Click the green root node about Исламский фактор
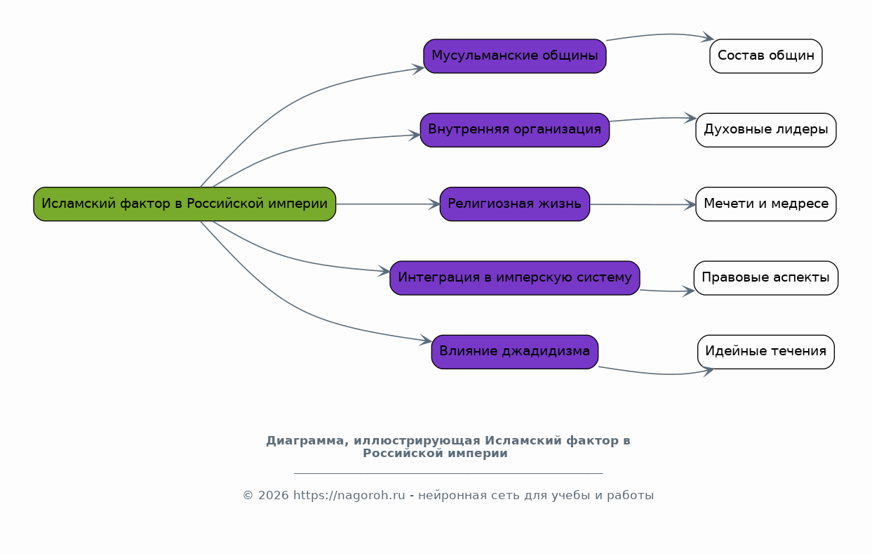click(185, 204)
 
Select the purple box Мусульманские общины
click(515, 56)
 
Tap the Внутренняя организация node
click(515, 130)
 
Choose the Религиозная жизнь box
click(515, 204)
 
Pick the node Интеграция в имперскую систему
click(515, 278)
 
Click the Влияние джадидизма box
click(515, 352)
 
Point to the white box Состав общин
click(766, 56)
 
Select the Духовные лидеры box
click(766, 130)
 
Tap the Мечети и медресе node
click(766, 204)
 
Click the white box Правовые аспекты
click(766, 278)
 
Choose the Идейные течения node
click(766, 352)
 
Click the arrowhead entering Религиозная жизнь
click(434, 204)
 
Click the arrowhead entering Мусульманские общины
click(417, 70)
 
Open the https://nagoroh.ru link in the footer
click(349, 495)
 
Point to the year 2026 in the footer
click(273, 495)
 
